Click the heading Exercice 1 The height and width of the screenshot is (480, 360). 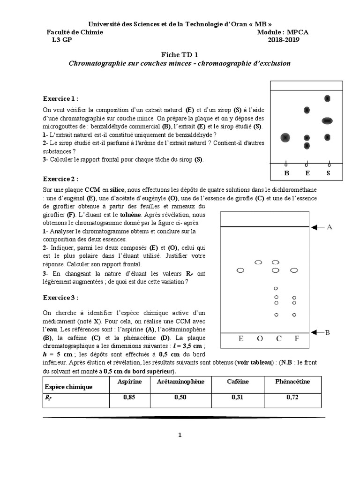60,98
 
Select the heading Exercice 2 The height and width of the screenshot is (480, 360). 60,179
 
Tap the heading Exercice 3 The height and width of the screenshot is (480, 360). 60,297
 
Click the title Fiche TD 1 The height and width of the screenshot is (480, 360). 180,54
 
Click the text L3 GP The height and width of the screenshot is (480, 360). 62,40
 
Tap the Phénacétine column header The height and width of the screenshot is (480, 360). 293,382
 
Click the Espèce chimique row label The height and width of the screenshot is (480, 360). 68,387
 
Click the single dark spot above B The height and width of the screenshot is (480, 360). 285,137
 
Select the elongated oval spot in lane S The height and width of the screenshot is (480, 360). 328,121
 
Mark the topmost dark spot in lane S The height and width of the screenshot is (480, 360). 328,98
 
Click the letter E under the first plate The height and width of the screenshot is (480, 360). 307,173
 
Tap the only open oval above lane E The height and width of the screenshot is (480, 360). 240,270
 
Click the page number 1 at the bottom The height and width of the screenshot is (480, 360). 180,435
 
